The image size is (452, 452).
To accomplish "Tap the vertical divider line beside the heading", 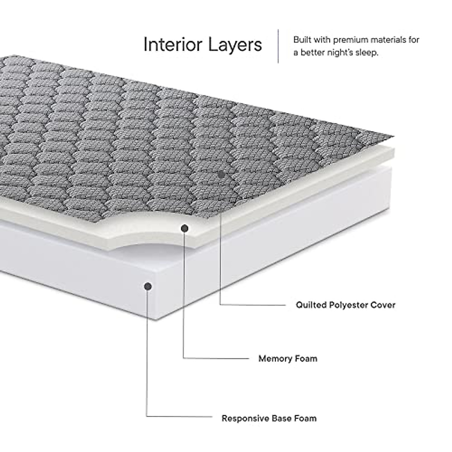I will tap(278, 46).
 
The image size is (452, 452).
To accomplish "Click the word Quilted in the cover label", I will tap(310, 305).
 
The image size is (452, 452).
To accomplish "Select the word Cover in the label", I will tap(384, 305).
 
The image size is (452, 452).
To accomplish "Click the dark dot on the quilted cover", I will tap(222, 175).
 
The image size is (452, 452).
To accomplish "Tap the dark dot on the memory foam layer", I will tap(185, 228).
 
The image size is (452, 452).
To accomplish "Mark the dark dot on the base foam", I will tap(148, 287).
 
